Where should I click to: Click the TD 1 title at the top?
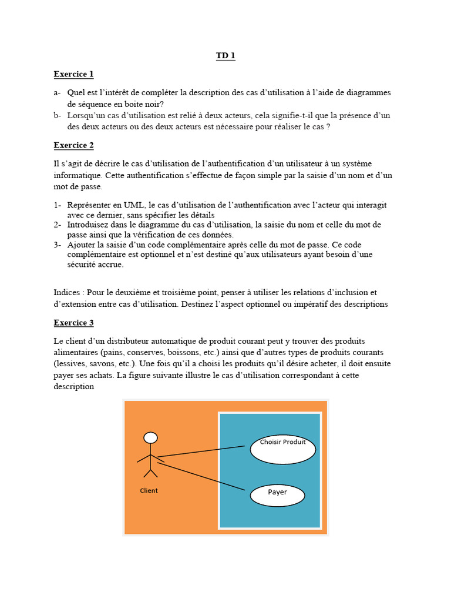pos(225,56)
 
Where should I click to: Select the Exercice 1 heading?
pos(73,74)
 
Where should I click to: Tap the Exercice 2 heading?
pos(73,145)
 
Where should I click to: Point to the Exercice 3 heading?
pos(73,323)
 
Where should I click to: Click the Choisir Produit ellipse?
pos(282,449)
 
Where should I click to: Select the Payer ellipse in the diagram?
pos(277,495)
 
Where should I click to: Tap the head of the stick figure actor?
pos(151,438)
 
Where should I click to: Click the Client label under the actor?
pos(149,490)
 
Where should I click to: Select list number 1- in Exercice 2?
pos(58,205)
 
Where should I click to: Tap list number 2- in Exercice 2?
pos(58,225)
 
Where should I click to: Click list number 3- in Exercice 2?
pos(58,245)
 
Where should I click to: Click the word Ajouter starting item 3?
pos(82,245)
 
